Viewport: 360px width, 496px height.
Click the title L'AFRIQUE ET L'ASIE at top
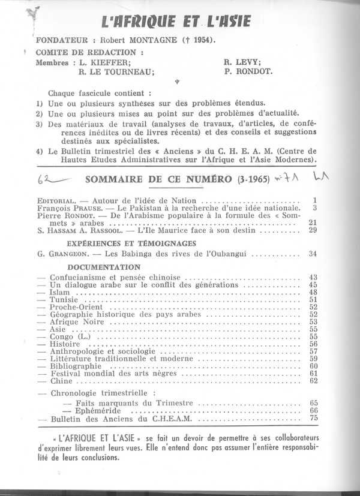pos(175,23)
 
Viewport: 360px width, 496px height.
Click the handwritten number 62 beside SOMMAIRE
pos(43,179)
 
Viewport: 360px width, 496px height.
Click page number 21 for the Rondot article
pos(312,223)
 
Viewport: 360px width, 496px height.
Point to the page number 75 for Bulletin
pos(313,419)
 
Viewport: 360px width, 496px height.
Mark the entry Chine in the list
pos(58,381)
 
